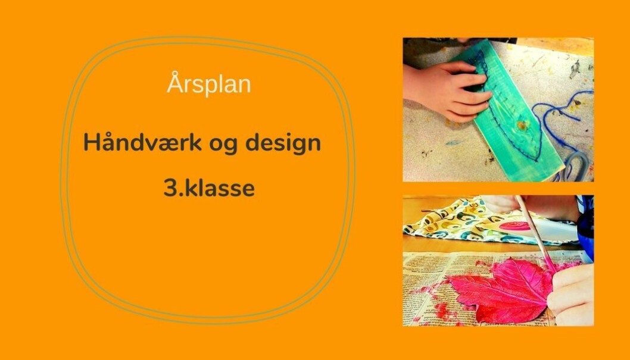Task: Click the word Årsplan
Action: coord(209,84)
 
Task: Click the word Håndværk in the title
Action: coord(142,142)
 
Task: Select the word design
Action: coord(283,143)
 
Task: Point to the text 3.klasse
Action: coord(209,188)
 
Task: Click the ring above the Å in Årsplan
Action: coord(174,73)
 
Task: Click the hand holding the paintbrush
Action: coord(571,292)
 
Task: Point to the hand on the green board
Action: coord(446,90)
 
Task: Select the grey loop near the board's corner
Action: coord(576,165)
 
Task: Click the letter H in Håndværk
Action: coord(91,142)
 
